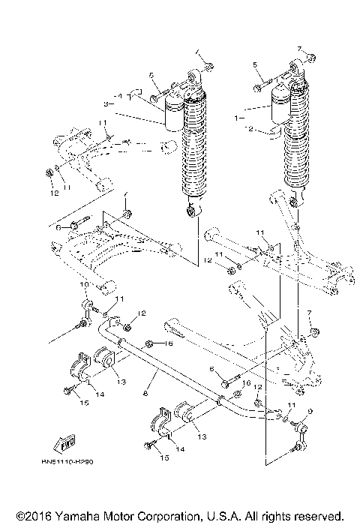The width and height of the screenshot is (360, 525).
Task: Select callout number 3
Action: (x=106, y=103)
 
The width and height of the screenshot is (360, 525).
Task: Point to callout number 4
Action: (x=120, y=96)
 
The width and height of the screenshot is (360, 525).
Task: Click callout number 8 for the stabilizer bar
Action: (x=145, y=392)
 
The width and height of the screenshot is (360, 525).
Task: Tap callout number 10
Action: (x=83, y=285)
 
